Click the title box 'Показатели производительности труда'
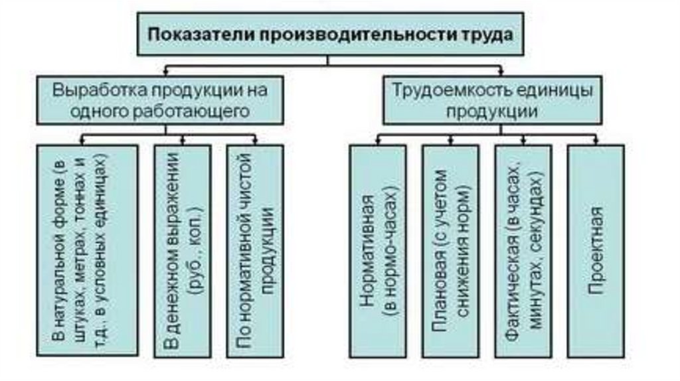coord(331,34)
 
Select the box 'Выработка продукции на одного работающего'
coord(161,100)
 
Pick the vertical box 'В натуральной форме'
coord(88,251)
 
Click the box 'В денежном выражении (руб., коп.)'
coord(181,251)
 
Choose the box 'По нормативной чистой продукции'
coord(254,251)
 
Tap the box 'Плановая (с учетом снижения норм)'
coord(450,251)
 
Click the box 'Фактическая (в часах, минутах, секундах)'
coord(523,251)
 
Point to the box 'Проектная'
coord(596,251)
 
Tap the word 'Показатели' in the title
coord(187,34)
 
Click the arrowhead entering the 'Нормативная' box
coord(378,141)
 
